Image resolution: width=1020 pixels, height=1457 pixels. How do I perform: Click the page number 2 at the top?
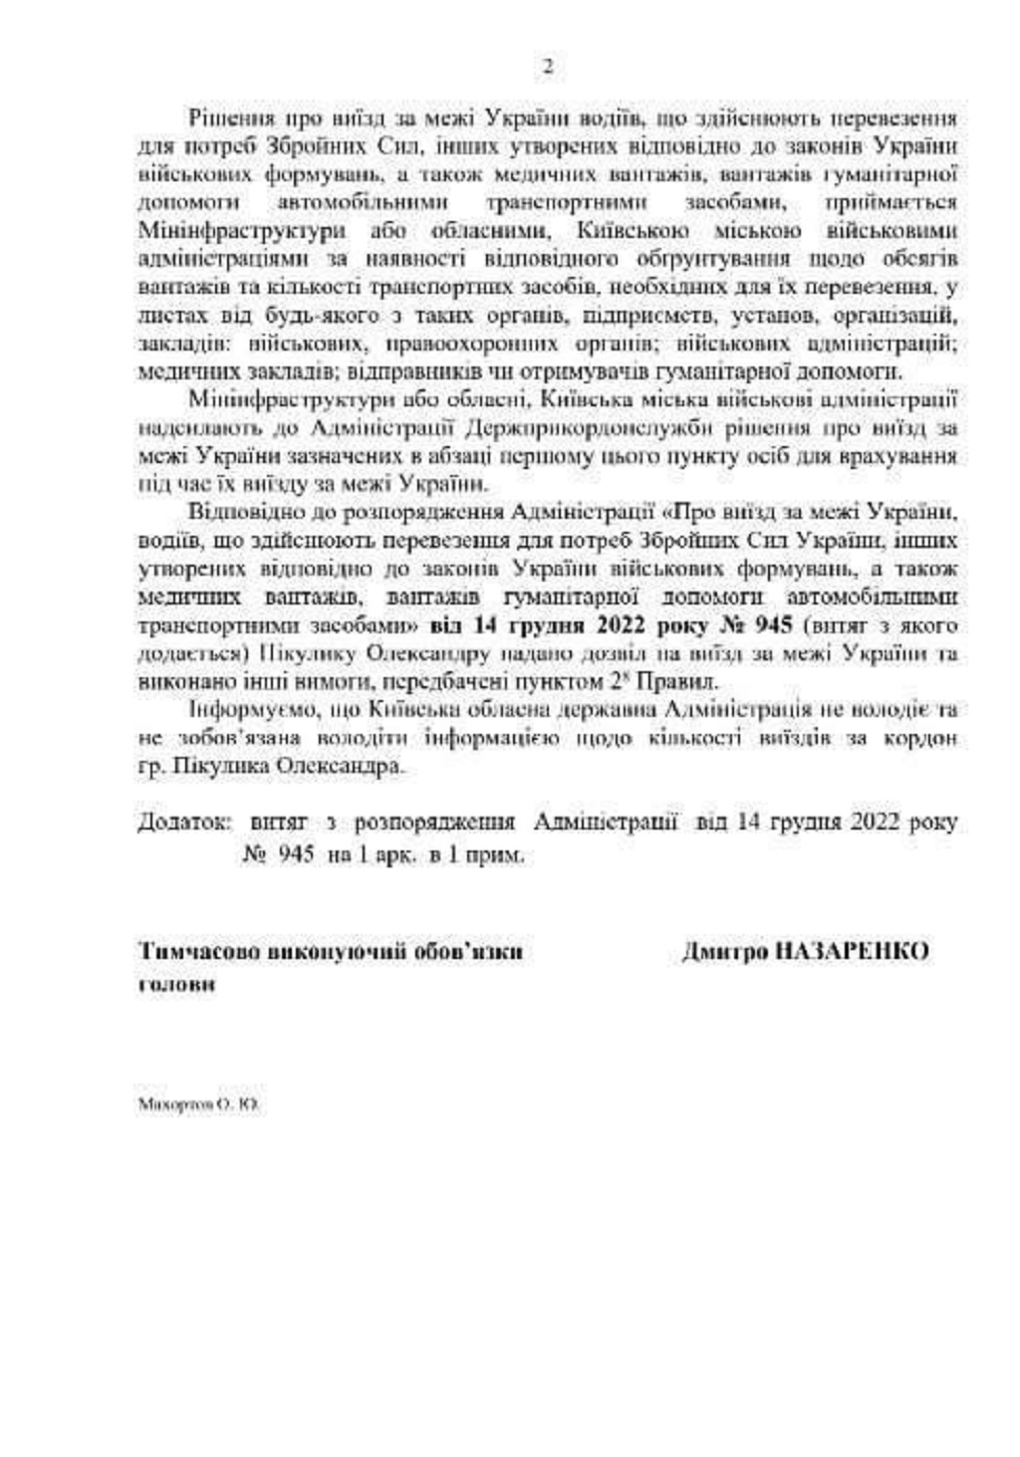pyautogui.click(x=547, y=68)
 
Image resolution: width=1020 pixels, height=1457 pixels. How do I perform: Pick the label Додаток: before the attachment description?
pyautogui.click(x=184, y=823)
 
